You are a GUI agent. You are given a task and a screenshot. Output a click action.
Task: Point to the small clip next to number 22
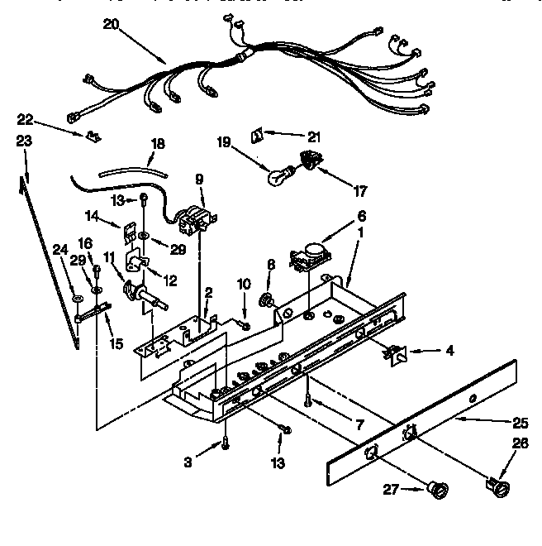90,133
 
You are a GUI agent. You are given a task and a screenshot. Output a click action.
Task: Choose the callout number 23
24,141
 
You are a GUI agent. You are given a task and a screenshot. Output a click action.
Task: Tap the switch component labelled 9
197,217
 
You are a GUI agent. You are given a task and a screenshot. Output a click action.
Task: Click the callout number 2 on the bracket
209,291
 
